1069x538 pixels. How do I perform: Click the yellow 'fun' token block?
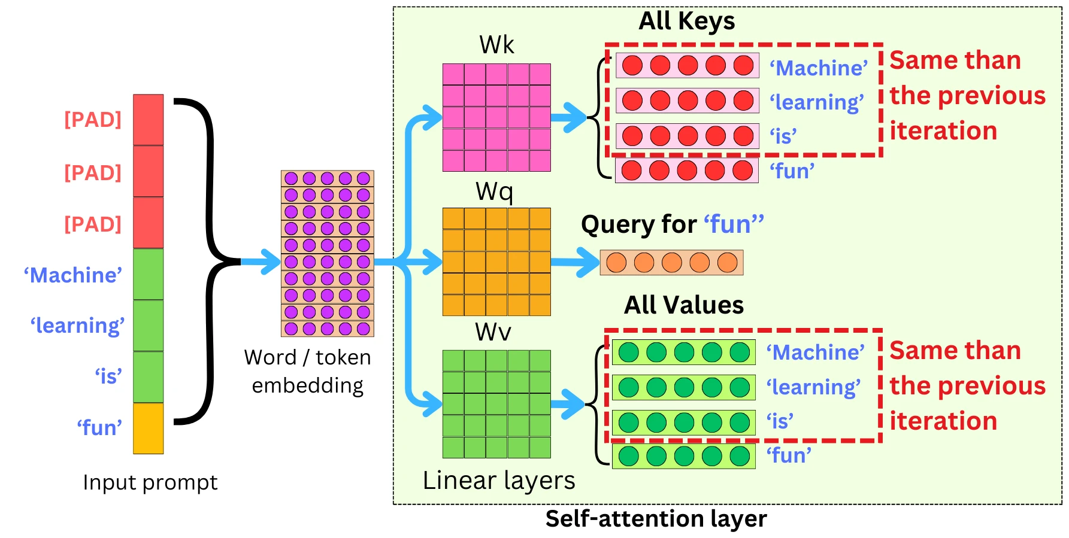[148, 428]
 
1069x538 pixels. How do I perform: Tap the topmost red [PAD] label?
[93, 120]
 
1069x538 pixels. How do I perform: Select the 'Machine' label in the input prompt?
[73, 275]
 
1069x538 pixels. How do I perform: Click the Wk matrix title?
[496, 45]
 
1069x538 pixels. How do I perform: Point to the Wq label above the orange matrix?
[494, 192]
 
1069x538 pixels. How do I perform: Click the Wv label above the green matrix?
[493, 332]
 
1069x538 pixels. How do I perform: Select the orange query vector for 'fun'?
[671, 263]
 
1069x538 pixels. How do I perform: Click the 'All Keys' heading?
[686, 22]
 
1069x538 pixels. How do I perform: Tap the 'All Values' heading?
[684, 305]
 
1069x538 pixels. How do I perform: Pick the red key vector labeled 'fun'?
[687, 171]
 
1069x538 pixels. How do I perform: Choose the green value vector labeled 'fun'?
[683, 456]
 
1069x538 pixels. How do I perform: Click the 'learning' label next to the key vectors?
[817, 102]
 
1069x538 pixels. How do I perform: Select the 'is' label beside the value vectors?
[780, 421]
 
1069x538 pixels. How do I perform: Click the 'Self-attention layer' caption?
[656, 519]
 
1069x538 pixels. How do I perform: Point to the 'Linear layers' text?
[499, 481]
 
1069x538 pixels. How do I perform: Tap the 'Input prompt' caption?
[150, 482]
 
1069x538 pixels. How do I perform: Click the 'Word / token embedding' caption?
[308, 371]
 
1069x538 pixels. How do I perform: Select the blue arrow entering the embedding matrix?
[261, 262]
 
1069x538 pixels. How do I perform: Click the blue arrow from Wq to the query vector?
[574, 262]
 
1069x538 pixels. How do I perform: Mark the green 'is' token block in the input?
[148, 377]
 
